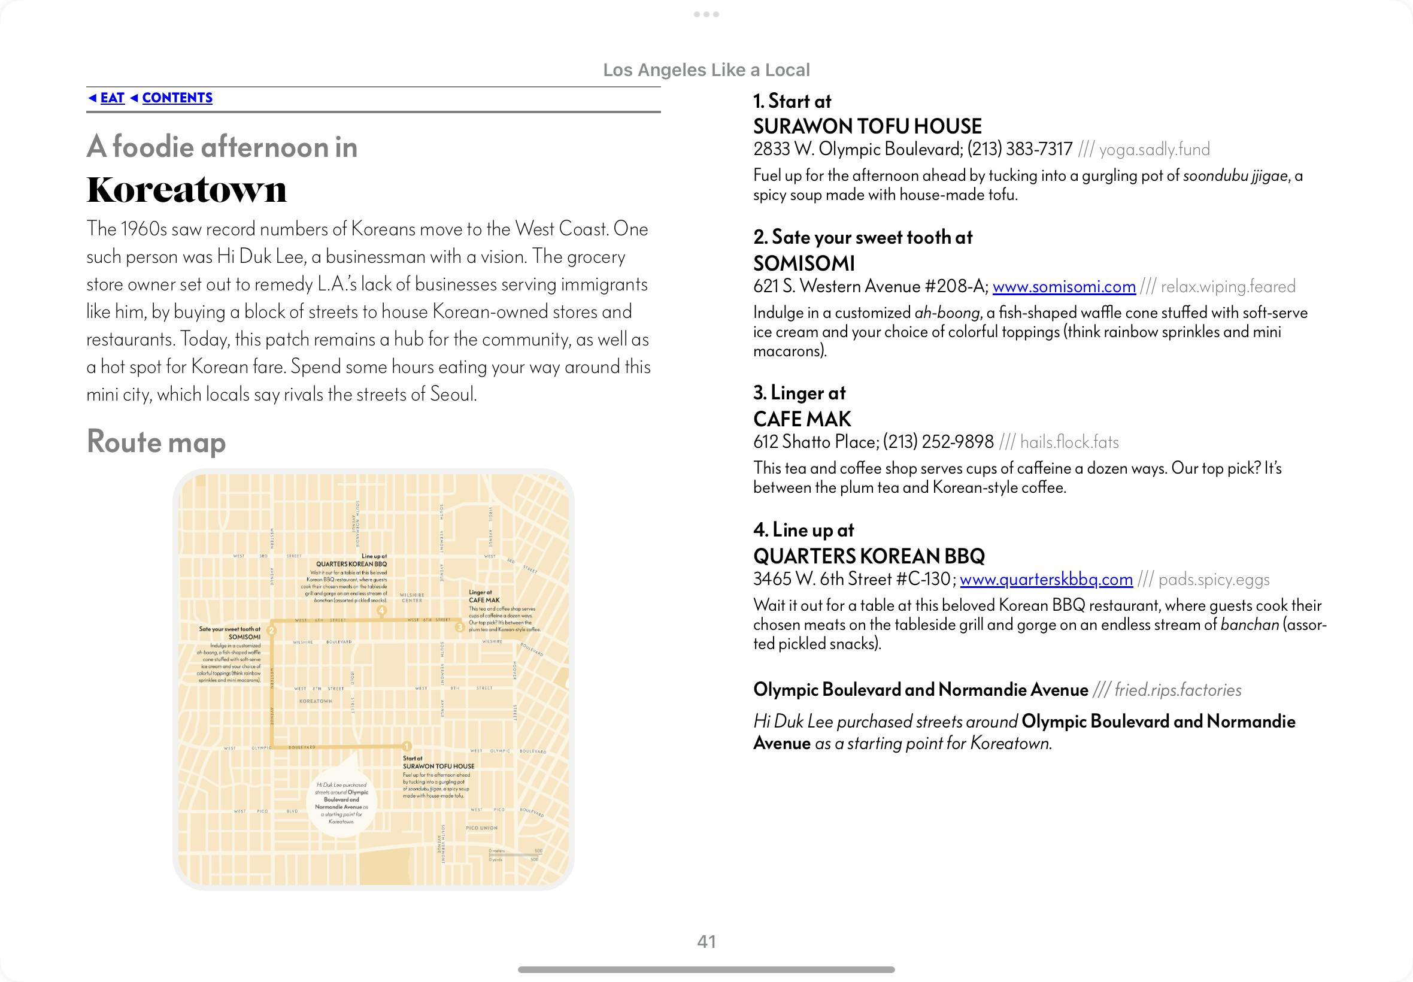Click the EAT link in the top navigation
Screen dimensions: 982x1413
[x=112, y=98]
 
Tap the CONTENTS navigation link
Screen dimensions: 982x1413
[x=177, y=98]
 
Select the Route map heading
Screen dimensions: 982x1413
[x=156, y=442]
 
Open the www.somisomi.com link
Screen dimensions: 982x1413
[x=1063, y=287]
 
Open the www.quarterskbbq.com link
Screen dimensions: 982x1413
[x=1046, y=580]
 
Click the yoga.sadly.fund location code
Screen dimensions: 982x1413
[x=1154, y=150]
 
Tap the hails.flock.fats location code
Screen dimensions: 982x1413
[x=1069, y=442]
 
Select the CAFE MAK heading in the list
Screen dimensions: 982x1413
[x=802, y=420]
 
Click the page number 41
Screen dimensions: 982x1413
[x=706, y=941]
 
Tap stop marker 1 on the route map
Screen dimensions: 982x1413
[x=407, y=746]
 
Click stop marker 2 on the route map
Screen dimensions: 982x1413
[x=272, y=630]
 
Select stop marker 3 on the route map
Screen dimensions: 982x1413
[x=459, y=628]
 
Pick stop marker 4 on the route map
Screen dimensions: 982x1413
[x=381, y=610]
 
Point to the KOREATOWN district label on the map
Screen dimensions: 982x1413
[x=316, y=701]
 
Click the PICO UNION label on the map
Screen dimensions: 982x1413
[x=481, y=828]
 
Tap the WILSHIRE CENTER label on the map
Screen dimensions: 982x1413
[x=412, y=598]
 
